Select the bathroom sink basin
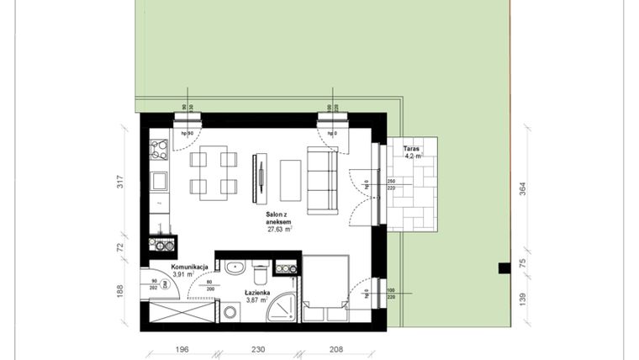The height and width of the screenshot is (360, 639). pyautogui.click(x=234, y=268)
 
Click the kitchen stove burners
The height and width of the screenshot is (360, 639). pyautogui.click(x=159, y=151)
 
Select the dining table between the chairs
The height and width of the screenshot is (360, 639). pyautogui.click(x=209, y=172)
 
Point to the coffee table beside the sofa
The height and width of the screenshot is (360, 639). pyautogui.click(x=289, y=178)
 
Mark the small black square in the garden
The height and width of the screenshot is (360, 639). pyautogui.click(x=504, y=268)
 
